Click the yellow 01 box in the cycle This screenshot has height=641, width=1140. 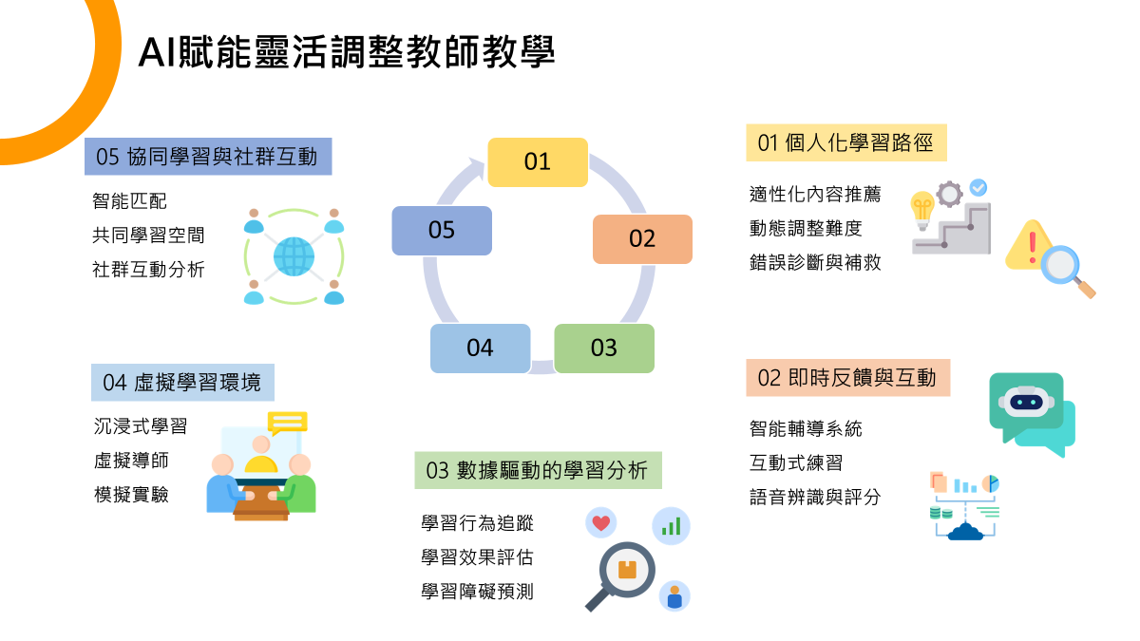click(x=538, y=161)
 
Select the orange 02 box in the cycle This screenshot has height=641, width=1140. click(x=642, y=238)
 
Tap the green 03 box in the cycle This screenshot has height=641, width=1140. click(x=604, y=348)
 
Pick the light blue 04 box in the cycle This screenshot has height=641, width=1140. click(x=480, y=348)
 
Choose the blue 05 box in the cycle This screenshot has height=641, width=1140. click(x=442, y=230)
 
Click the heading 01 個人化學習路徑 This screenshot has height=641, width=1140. click(x=845, y=143)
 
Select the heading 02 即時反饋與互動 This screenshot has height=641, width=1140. click(x=847, y=378)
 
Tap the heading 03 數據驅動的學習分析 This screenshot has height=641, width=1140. click(x=537, y=470)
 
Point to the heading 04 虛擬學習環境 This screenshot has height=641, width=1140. click(x=182, y=383)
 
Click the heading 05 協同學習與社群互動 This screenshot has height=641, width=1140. click(x=207, y=156)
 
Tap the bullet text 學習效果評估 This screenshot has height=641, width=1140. click(x=477, y=556)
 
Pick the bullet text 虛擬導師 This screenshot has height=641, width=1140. click(x=131, y=460)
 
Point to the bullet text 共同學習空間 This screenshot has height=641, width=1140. click(x=148, y=235)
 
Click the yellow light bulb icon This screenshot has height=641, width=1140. click(x=921, y=210)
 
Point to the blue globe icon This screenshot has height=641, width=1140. click(x=294, y=256)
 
